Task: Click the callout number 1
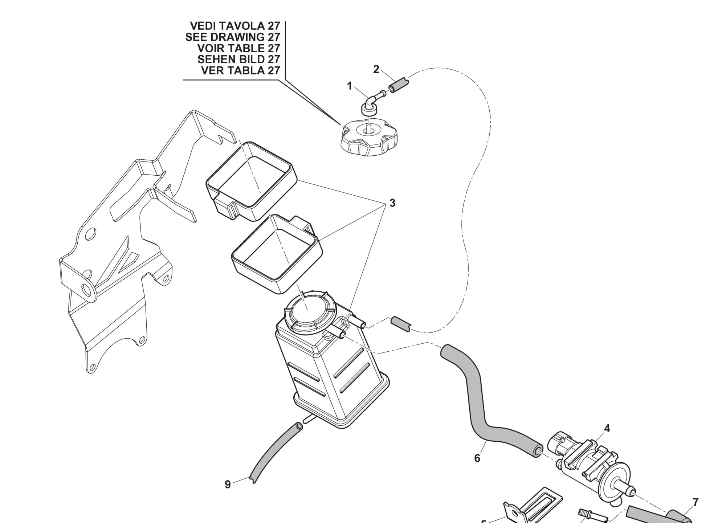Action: click(350, 86)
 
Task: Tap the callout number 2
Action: click(376, 69)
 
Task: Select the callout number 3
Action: click(392, 203)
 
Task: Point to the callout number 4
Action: click(607, 429)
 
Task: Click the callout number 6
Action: click(477, 459)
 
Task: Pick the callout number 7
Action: click(696, 503)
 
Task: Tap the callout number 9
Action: click(228, 485)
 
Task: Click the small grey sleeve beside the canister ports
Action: click(400, 323)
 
